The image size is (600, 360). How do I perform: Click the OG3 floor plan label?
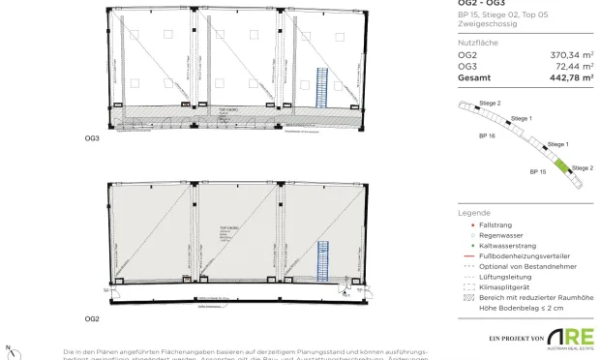click(93, 139)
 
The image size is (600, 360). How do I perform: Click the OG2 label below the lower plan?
click(93, 318)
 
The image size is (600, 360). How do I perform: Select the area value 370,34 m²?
click(572, 56)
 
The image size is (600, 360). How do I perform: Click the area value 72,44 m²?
click(574, 67)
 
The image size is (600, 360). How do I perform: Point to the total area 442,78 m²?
click(571, 77)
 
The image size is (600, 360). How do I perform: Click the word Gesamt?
click(474, 77)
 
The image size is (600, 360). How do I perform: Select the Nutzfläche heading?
click(477, 44)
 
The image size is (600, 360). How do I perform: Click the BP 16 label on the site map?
click(487, 137)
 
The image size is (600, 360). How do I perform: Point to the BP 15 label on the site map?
click(538, 171)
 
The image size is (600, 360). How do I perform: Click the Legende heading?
click(474, 213)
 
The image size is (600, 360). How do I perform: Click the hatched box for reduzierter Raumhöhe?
click(469, 297)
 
